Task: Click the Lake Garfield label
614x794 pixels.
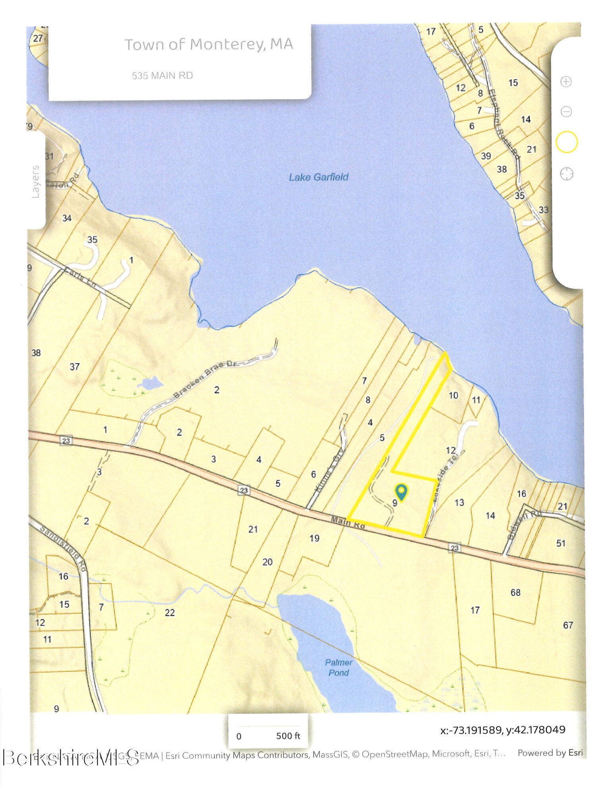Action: [x=318, y=177]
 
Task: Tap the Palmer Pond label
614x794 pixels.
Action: [x=338, y=667]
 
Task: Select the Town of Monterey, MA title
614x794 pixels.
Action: [x=209, y=44]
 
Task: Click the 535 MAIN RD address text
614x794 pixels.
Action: [x=162, y=75]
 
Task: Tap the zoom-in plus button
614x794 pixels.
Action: [x=566, y=82]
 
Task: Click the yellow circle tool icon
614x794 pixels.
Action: [x=566, y=142]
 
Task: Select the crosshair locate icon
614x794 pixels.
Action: [x=566, y=173]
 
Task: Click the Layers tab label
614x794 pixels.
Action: [x=36, y=181]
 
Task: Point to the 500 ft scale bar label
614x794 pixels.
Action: [x=288, y=736]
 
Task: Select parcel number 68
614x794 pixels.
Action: [x=515, y=593]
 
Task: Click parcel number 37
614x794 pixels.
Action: [x=75, y=366]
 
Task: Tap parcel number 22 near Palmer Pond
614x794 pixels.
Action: [x=170, y=613]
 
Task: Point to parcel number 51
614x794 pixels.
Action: [x=560, y=543]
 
